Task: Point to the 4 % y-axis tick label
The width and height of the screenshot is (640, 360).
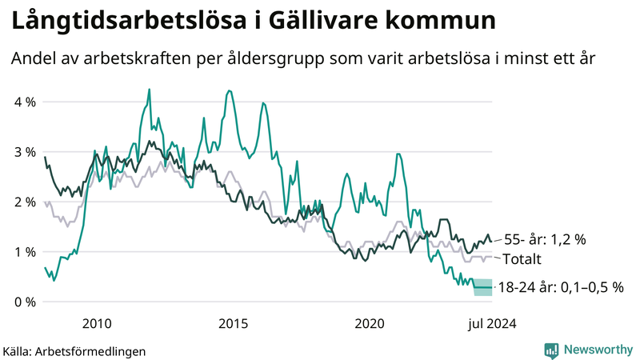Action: coord(25,102)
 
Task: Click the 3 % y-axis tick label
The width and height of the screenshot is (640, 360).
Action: coord(25,152)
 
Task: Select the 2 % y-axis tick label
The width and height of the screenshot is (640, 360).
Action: coord(25,202)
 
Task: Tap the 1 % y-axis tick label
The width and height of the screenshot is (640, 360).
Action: coord(25,252)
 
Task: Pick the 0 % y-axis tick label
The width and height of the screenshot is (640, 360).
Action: coord(25,302)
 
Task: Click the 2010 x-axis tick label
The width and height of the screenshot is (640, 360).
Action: coord(96,323)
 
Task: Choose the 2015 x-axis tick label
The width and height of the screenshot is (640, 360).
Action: coord(233,323)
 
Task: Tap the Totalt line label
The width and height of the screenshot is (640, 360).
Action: coord(522,259)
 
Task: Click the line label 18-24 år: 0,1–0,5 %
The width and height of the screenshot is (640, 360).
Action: coord(560,286)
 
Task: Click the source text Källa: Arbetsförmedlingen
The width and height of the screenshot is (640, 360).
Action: coord(75,350)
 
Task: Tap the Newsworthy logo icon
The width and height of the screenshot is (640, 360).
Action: coord(551,350)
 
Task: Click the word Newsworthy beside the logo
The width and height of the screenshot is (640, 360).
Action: coord(598,350)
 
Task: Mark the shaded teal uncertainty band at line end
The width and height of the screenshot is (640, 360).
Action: coord(483,287)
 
